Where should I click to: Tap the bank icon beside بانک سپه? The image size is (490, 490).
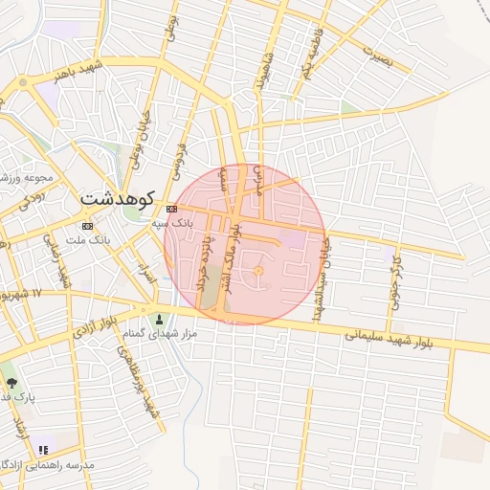pos(171,210)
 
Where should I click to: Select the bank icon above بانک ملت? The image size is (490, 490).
pos(88,227)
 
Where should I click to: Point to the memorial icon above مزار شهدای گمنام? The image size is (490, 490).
pos(159,320)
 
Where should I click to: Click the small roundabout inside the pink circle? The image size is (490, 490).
pos(257,275)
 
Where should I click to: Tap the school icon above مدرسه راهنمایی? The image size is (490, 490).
pos(42,449)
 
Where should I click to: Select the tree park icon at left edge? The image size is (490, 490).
pos(11,382)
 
